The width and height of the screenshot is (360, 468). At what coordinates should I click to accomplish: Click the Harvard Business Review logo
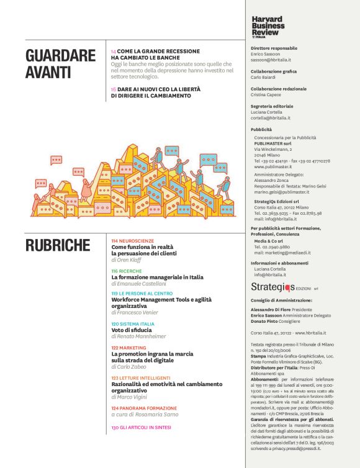click(x=269, y=27)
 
